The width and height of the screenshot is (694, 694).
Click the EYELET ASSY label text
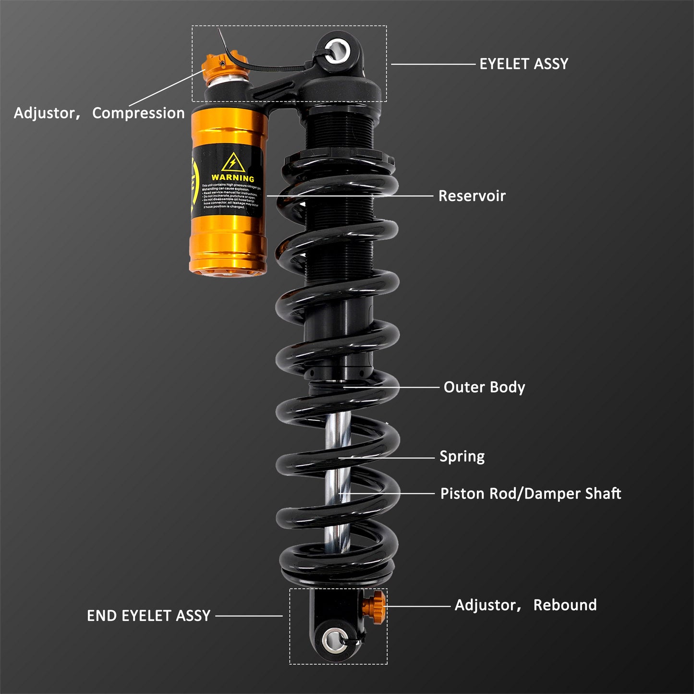(524, 64)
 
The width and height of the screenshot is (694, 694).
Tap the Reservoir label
(472, 196)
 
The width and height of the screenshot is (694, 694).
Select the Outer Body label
(484, 387)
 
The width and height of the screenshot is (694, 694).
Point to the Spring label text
(462, 456)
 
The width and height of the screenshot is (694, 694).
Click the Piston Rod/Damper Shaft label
(530, 494)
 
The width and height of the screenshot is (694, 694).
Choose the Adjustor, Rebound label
(525, 605)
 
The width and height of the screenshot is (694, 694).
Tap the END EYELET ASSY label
(148, 616)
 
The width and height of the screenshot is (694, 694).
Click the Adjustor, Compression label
(99, 113)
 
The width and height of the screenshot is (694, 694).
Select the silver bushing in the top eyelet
(337, 50)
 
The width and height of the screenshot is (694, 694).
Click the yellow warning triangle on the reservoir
(232, 162)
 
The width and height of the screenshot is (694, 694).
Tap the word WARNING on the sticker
(232, 178)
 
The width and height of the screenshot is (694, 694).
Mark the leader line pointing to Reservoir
(351, 196)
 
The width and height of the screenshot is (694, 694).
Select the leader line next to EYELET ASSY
(432, 64)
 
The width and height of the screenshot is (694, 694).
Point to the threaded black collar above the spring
(340, 127)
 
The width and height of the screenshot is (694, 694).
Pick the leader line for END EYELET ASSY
(249, 616)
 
